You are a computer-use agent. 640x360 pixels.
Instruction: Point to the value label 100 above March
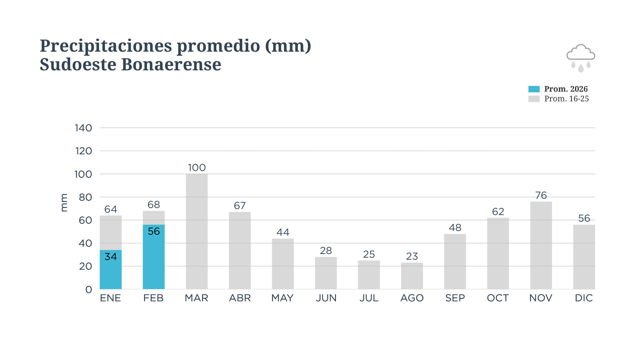(x=197, y=168)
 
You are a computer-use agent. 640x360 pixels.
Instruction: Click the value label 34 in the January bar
(x=111, y=256)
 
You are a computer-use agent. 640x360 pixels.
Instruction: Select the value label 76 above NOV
(x=541, y=195)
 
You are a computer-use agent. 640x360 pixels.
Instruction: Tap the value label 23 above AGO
(x=412, y=256)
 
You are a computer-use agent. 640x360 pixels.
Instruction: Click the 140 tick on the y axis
(x=83, y=128)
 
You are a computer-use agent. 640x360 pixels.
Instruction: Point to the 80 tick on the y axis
(x=85, y=197)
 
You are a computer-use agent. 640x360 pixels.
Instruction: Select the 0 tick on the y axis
(x=89, y=289)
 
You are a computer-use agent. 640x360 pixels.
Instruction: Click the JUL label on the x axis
(x=369, y=298)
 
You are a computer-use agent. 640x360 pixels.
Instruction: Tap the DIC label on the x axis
(x=584, y=298)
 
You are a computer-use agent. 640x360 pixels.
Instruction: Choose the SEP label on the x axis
(x=455, y=298)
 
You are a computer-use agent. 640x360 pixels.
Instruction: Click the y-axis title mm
(x=64, y=203)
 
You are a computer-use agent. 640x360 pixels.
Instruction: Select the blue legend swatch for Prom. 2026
(x=534, y=89)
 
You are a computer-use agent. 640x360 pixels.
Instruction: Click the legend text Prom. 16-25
(x=566, y=99)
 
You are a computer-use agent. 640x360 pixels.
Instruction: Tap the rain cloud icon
(x=581, y=58)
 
